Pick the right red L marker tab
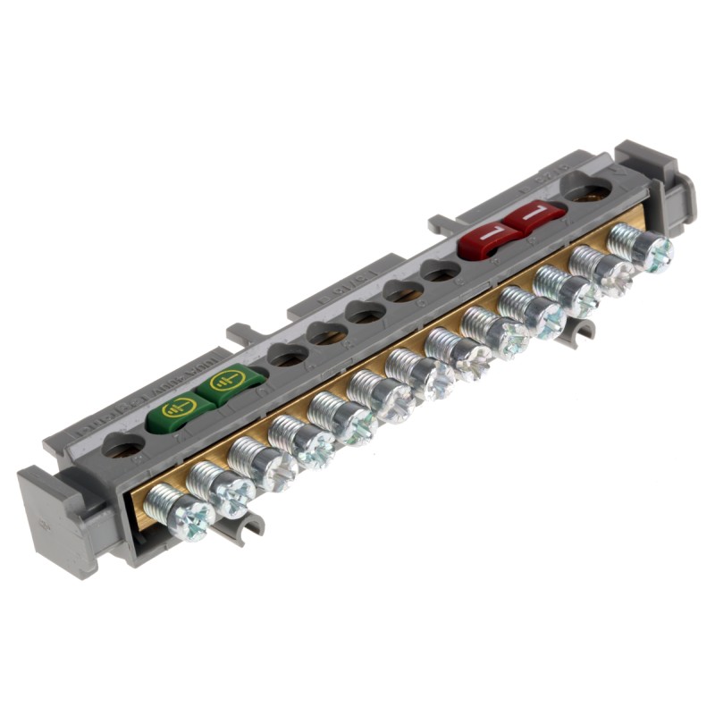point(532,215)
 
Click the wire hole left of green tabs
point(123,444)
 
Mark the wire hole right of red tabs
point(587,190)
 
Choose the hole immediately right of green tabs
point(288,356)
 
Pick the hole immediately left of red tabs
point(439,271)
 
